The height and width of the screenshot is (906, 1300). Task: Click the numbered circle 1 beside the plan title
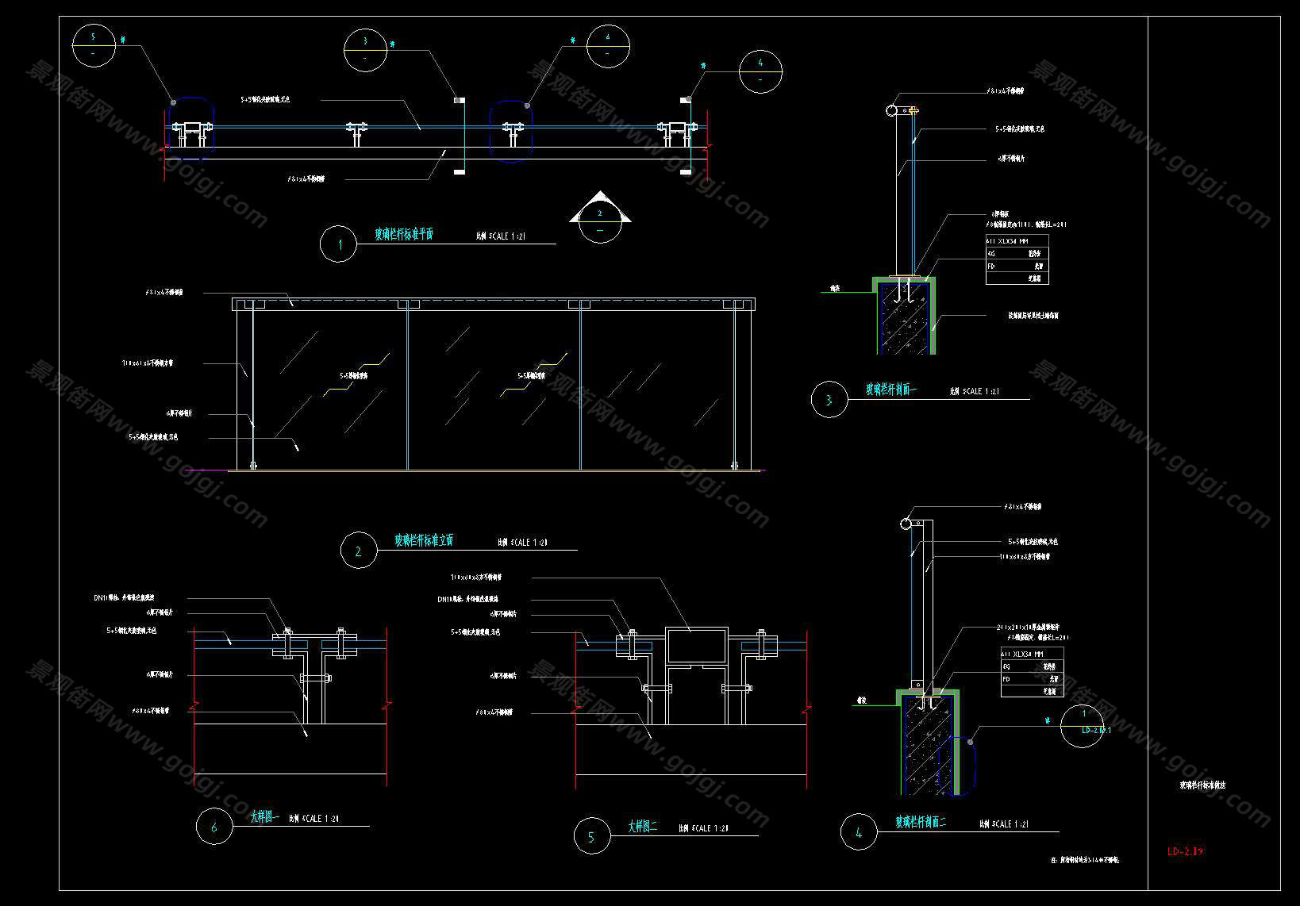coord(339,244)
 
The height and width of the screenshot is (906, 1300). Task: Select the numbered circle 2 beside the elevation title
coord(358,551)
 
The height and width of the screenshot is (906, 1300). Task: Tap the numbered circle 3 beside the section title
coord(829,400)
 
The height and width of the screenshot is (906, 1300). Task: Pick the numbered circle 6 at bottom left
coord(214,827)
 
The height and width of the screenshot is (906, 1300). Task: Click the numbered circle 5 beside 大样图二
coord(591,836)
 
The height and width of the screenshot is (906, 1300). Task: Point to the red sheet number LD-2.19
coord(1185,852)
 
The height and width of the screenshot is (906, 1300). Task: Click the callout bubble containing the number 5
coord(94,45)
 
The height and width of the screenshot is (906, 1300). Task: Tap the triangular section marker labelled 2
coord(600,217)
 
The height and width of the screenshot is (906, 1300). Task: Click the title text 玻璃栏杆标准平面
coord(404,235)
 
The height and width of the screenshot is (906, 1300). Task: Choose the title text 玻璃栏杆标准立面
coord(424,540)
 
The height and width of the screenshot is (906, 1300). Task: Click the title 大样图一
coord(264,816)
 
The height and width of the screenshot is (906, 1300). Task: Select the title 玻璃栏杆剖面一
coord(890,390)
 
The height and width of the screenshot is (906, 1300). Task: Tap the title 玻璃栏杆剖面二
coord(921,823)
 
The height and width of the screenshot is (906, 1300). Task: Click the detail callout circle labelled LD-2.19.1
coord(1082,725)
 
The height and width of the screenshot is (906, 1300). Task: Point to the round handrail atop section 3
coord(892,110)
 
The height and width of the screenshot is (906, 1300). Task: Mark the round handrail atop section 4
coord(906,524)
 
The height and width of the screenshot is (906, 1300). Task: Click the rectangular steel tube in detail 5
coord(697,644)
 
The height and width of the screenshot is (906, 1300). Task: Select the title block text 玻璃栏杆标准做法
coord(1202,785)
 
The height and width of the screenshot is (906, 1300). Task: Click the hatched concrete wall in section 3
coord(903,317)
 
